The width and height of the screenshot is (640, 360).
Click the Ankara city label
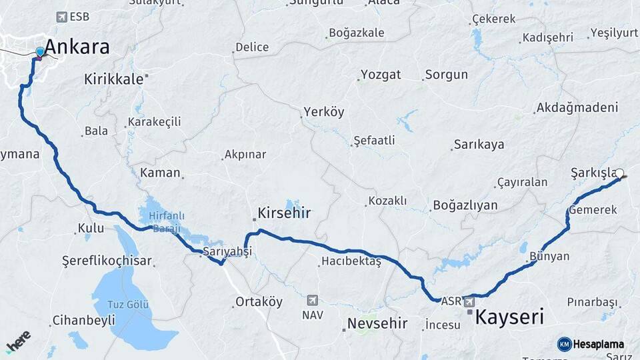[78, 47]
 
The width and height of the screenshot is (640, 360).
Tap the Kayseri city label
[509, 317]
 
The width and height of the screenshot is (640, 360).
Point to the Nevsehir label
[377, 324]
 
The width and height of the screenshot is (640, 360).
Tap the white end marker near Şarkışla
[619, 173]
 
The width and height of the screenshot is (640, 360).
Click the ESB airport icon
[62, 17]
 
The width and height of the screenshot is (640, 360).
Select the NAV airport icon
[312, 300]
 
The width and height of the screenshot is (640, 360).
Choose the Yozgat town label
[381, 75]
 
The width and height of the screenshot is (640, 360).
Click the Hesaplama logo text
[598, 344]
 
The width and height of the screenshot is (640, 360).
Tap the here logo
[18, 342]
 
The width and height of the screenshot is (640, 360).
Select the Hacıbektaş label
[351, 261]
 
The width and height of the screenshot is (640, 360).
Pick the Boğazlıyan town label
[465, 205]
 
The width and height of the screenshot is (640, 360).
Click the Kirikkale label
[113, 79]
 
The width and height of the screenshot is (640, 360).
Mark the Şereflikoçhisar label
[107, 261]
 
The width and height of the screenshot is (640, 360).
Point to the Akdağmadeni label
[577, 107]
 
